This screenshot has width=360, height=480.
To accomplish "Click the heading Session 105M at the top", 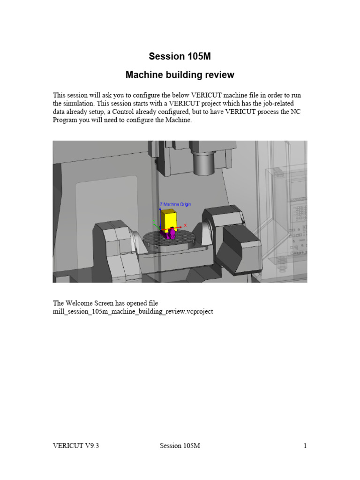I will [x=180, y=57].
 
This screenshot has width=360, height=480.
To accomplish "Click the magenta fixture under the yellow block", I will [x=171, y=232].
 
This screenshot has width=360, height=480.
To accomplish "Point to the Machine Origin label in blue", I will [x=177, y=204].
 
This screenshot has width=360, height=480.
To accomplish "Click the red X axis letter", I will [x=186, y=225].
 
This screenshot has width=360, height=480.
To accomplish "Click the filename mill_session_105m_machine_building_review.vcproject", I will [x=133, y=311].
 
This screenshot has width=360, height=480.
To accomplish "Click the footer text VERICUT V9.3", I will [x=76, y=446].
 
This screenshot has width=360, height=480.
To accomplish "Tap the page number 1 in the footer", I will [x=305, y=446].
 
